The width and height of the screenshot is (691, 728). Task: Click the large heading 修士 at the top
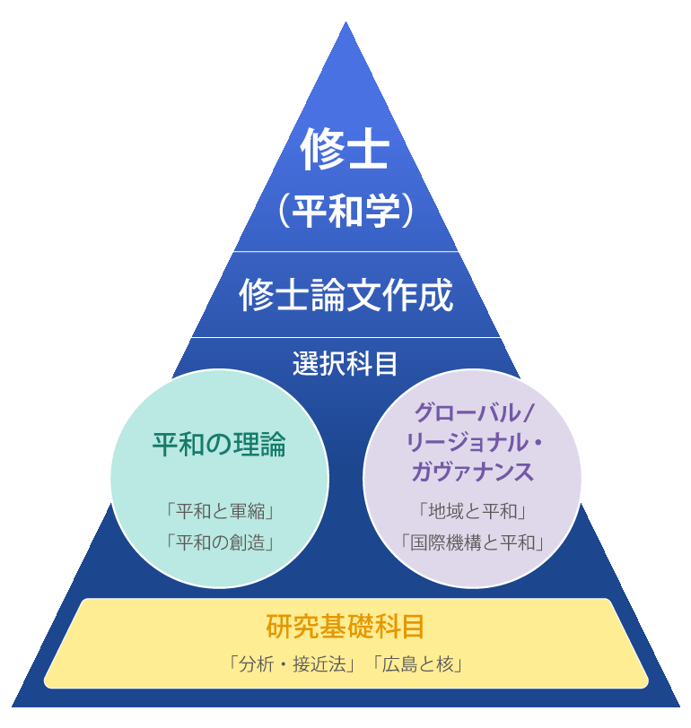point(345,149)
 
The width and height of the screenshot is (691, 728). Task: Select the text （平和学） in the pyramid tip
point(345,211)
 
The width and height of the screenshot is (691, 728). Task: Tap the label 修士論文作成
point(346,295)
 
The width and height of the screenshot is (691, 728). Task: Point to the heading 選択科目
point(345,363)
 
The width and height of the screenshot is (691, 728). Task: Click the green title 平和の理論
point(219,445)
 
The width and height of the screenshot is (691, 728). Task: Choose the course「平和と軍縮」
point(220,511)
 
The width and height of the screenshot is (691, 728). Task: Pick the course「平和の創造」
point(220,542)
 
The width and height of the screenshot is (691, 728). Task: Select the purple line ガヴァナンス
point(473,472)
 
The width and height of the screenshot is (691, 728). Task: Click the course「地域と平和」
point(472,511)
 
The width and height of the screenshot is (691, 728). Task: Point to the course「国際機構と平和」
point(472,542)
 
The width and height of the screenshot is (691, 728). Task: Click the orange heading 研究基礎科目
point(345,627)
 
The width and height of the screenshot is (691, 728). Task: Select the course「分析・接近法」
point(293,665)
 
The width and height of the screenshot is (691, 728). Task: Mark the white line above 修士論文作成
point(345,252)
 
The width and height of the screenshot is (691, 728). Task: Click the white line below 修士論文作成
point(345,337)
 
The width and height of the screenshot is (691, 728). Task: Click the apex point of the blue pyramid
point(345,22)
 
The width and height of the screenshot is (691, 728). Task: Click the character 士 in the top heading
point(368,149)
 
